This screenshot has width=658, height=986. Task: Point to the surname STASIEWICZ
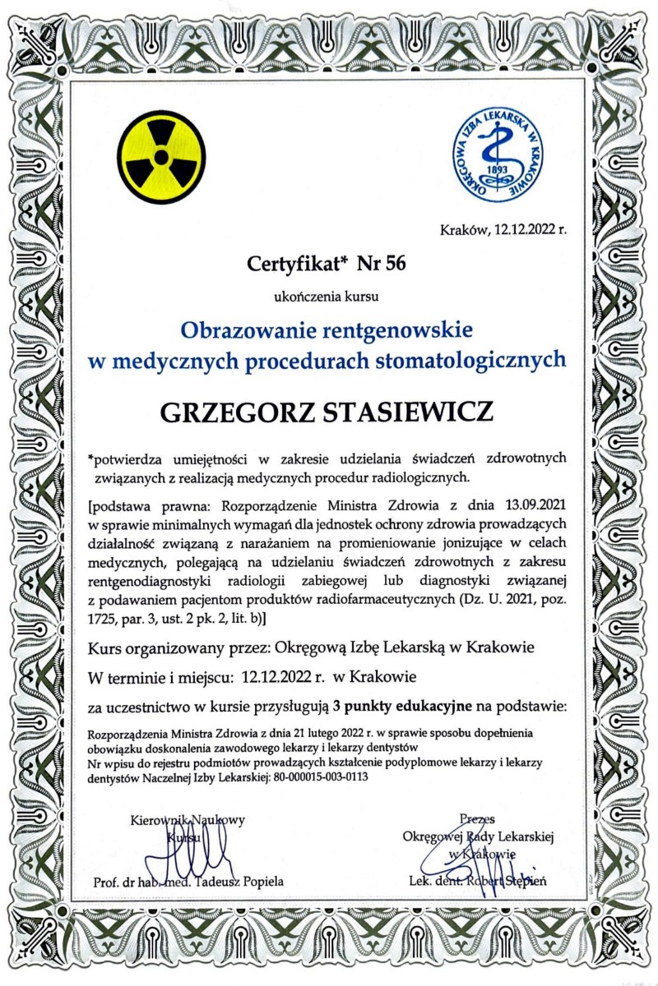tap(409, 410)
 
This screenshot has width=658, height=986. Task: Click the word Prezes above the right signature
tap(478, 818)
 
